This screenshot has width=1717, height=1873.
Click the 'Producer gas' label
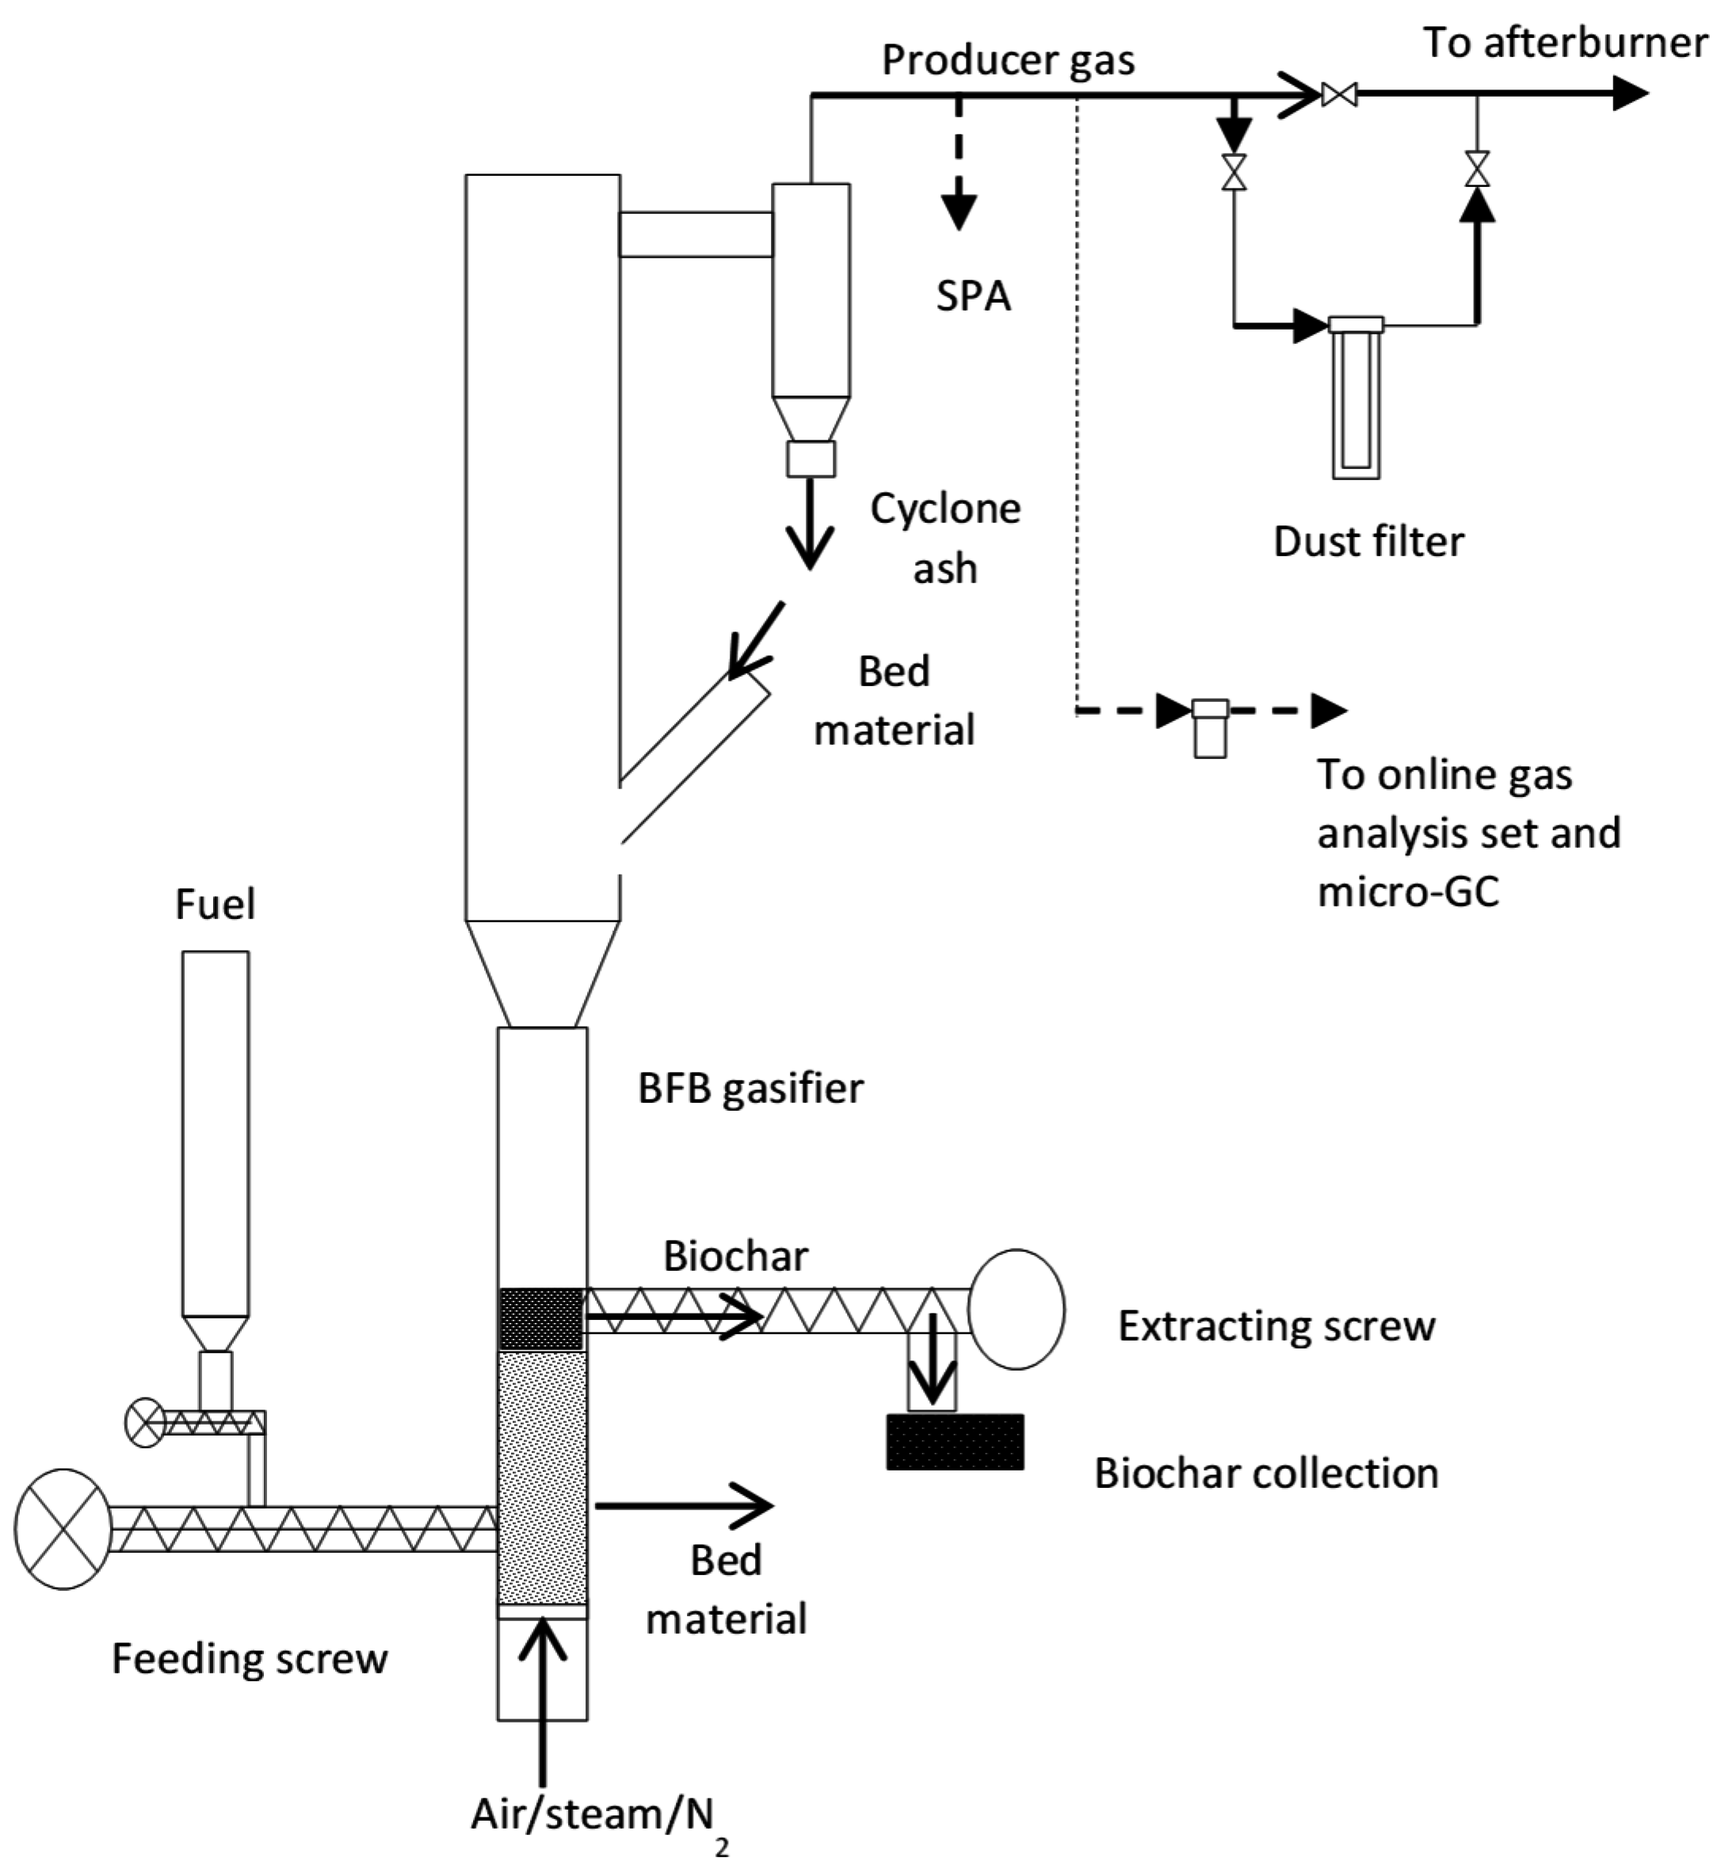pyautogui.click(x=1007, y=60)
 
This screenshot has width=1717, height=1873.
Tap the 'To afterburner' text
pyautogui.click(x=1565, y=43)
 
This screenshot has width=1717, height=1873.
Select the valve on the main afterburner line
pyautogui.click(x=1339, y=93)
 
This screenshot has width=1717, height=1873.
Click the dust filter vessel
pyautogui.click(x=1356, y=399)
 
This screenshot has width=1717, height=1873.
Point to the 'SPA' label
pyautogui.click(x=973, y=296)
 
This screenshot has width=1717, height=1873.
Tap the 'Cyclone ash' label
pyautogui.click(x=945, y=538)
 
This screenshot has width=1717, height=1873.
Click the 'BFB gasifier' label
pyautogui.click(x=750, y=1088)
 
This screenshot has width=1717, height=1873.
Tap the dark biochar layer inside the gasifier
pyautogui.click(x=540, y=1318)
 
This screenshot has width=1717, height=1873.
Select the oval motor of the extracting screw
pyautogui.click(x=1016, y=1308)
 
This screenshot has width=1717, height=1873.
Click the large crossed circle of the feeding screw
pyautogui.click(x=63, y=1528)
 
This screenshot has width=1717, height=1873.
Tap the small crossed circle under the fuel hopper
pyautogui.click(x=145, y=1422)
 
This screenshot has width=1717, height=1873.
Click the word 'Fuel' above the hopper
pyautogui.click(x=215, y=904)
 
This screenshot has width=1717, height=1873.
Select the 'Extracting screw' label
pyautogui.click(x=1276, y=1326)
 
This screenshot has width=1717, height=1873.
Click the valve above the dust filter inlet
pyautogui.click(x=1234, y=172)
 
